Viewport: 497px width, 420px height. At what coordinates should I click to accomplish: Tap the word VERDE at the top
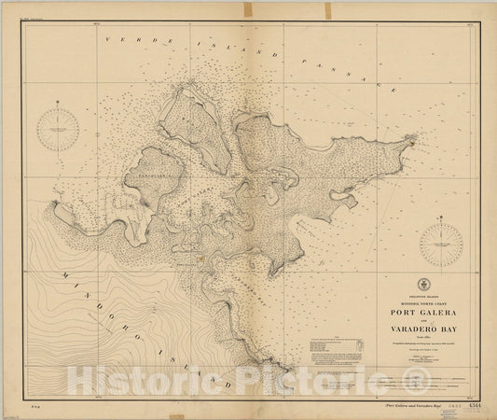(x=124, y=39)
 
